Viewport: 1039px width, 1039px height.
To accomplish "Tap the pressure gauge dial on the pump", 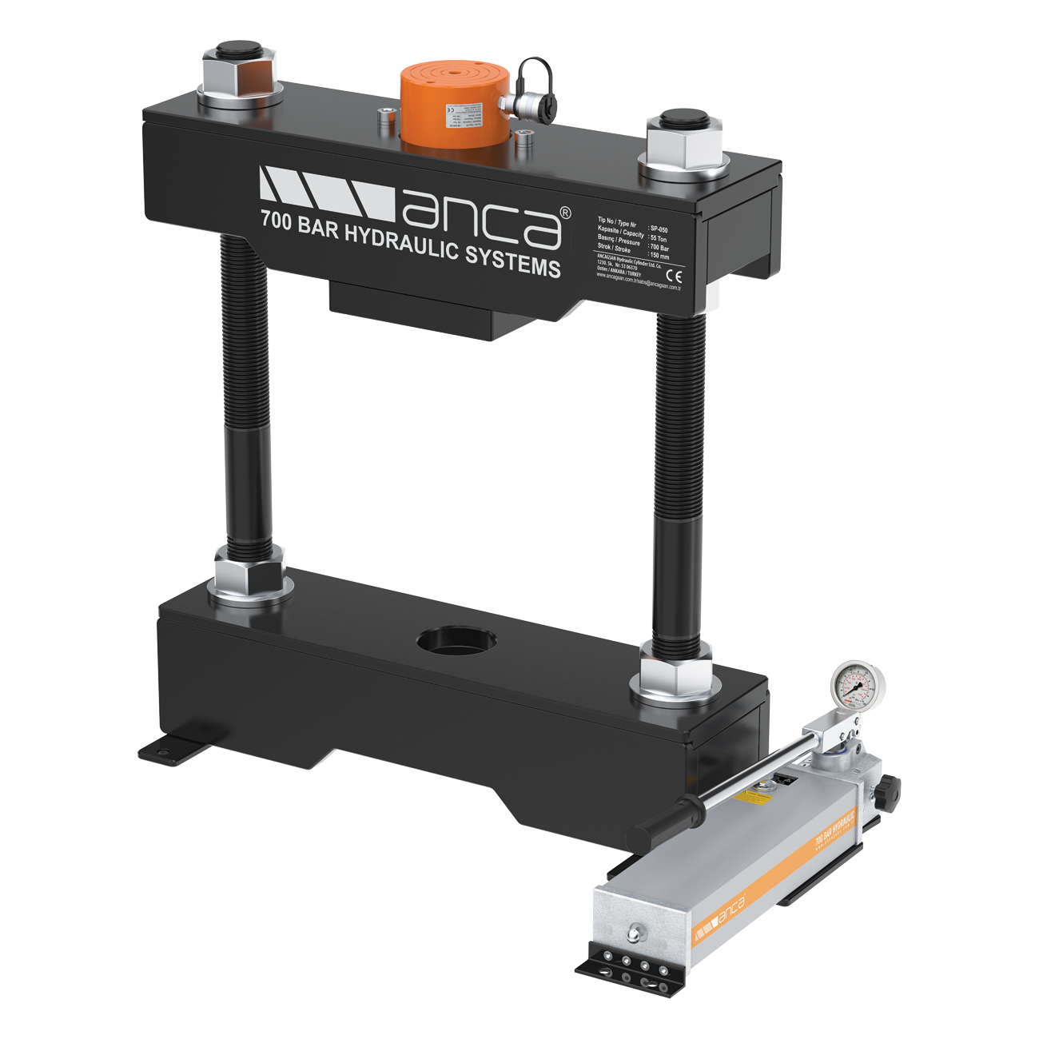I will [856, 686].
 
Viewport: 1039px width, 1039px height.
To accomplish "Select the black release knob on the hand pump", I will [887, 792].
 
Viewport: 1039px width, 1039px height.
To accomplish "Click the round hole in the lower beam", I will [456, 641].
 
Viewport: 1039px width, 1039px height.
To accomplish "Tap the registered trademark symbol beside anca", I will [564, 213].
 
